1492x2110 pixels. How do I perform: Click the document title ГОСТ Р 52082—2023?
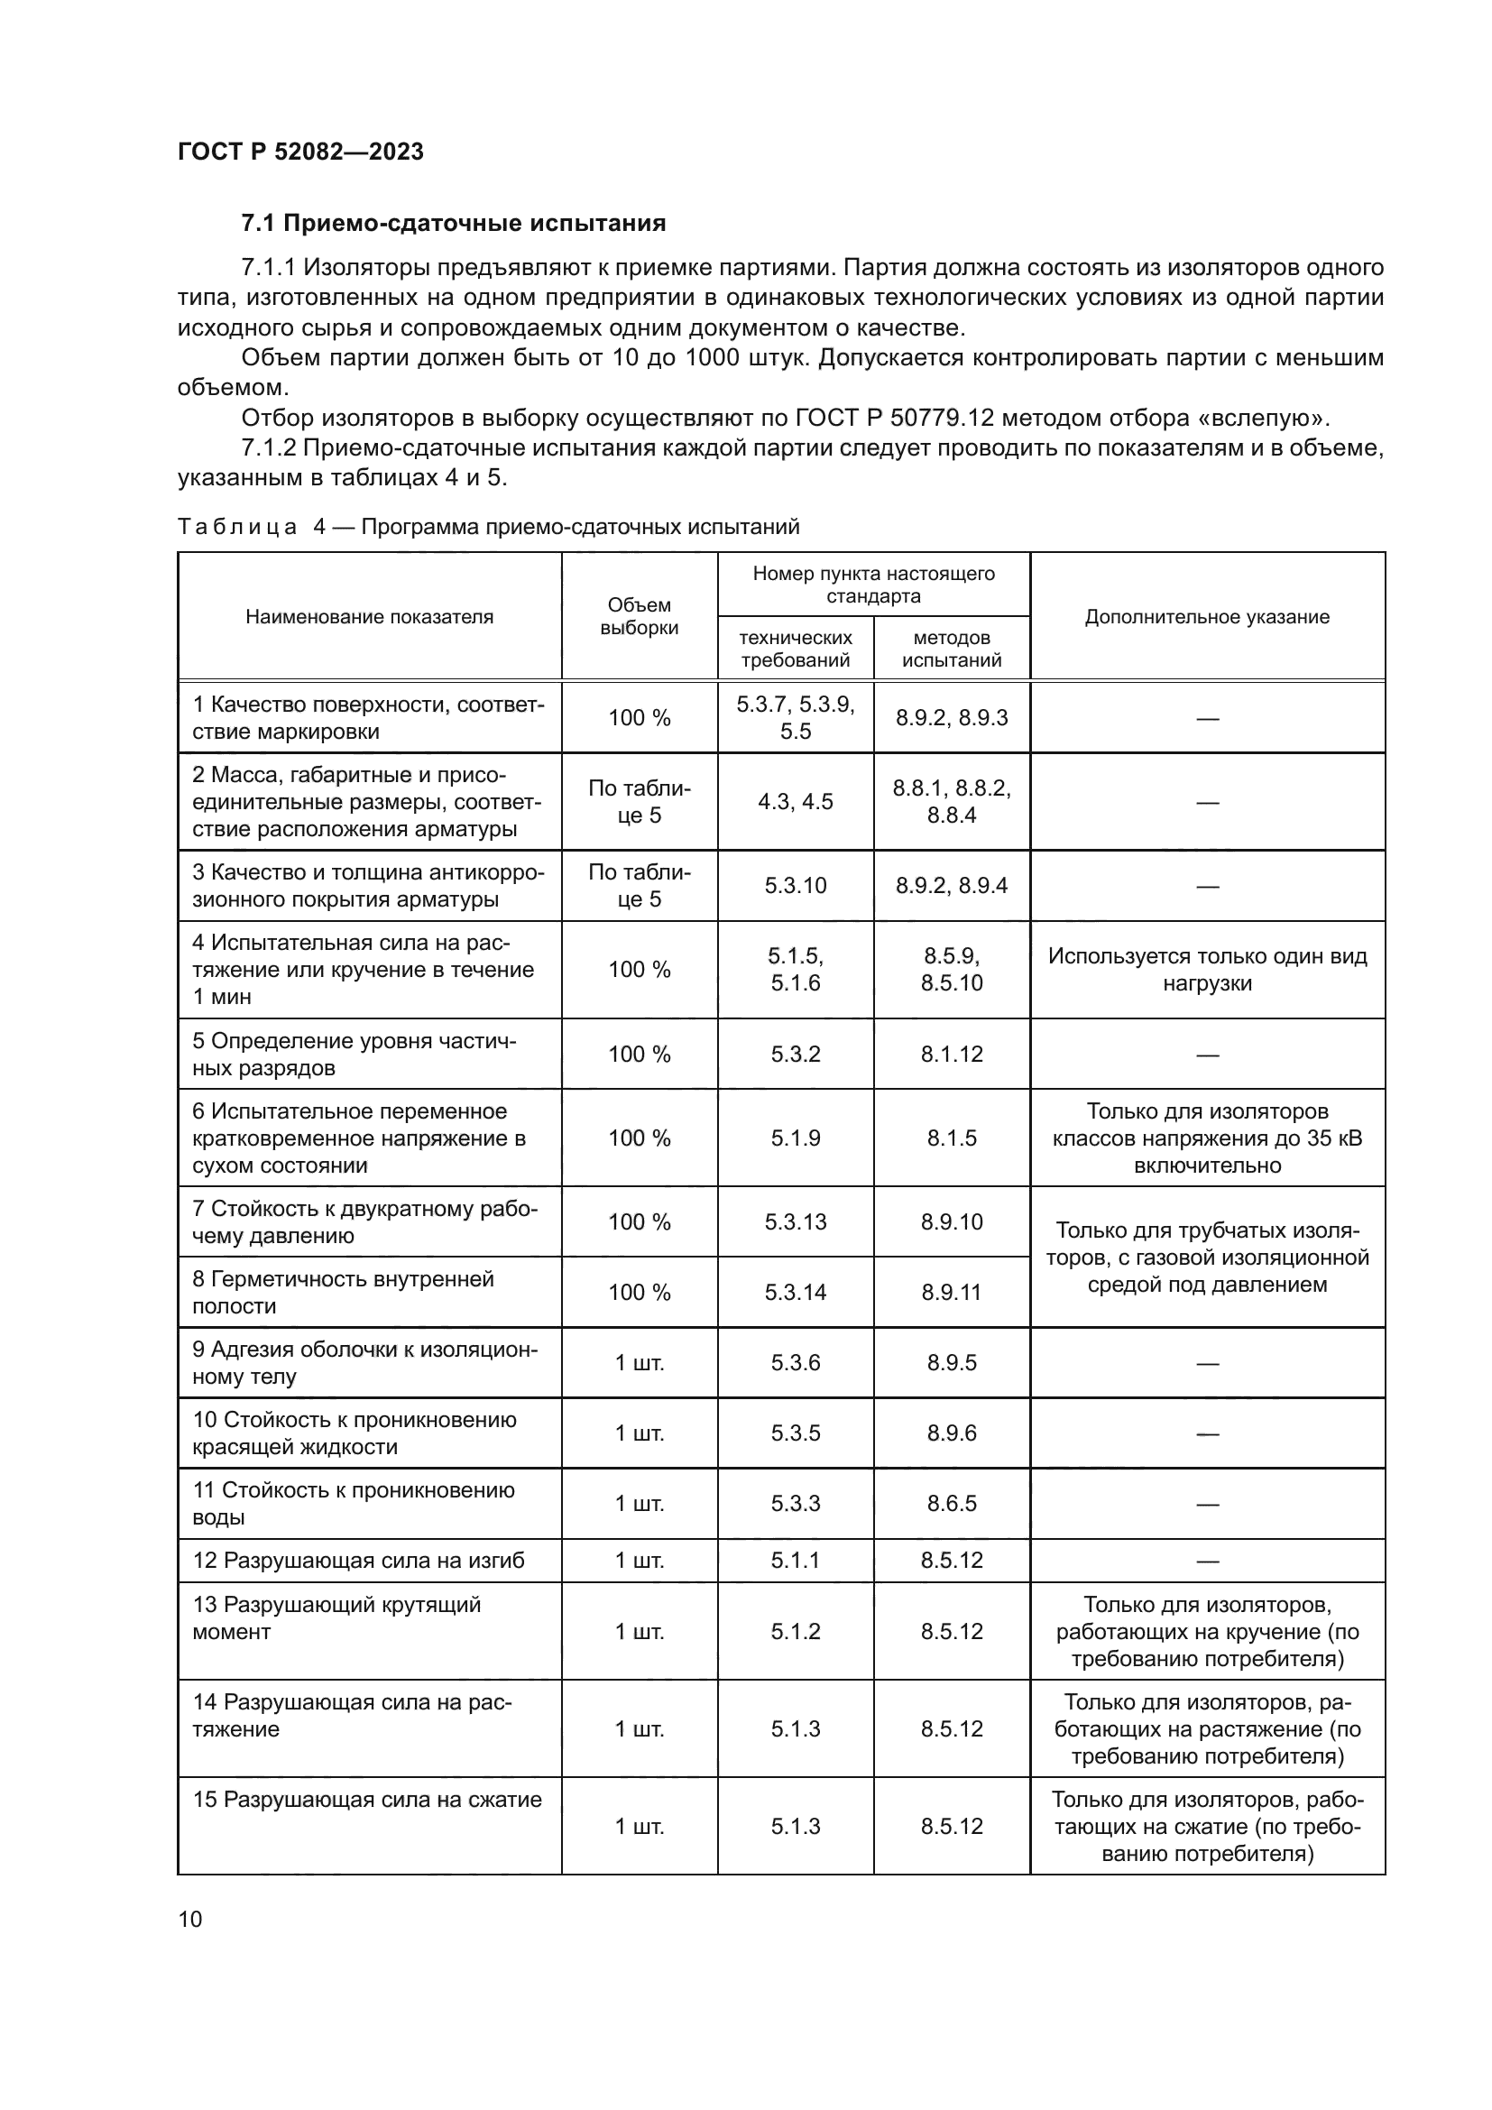pyautogui.click(x=300, y=152)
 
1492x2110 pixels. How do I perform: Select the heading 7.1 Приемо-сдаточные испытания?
pyautogui.click(x=453, y=224)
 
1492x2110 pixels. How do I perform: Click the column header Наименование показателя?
pyautogui.click(x=369, y=617)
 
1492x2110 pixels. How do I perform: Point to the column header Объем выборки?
pyautogui.click(x=640, y=617)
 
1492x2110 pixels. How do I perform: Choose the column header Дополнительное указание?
pyautogui.click(x=1207, y=617)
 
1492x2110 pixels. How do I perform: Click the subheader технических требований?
pyautogui.click(x=796, y=649)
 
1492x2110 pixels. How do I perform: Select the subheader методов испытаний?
pyautogui.click(x=952, y=649)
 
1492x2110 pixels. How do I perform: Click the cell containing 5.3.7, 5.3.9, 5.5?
pyautogui.click(x=796, y=718)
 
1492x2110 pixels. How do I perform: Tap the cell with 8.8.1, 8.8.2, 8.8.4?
pyautogui.click(x=952, y=801)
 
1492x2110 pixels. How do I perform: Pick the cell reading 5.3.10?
pyautogui.click(x=796, y=886)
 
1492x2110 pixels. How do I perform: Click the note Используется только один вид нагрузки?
pyautogui.click(x=1207, y=970)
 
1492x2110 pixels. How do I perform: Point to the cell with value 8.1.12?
pyautogui.click(x=952, y=1054)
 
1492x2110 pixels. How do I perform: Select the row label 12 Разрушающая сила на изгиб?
pyautogui.click(x=358, y=1561)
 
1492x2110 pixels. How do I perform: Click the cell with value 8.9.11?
pyautogui.click(x=952, y=1292)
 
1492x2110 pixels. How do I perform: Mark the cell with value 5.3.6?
pyautogui.click(x=796, y=1362)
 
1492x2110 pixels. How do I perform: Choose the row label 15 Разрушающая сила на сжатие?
pyautogui.click(x=367, y=1800)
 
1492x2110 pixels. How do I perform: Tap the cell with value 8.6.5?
pyautogui.click(x=952, y=1504)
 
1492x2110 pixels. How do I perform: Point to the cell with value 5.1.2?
pyautogui.click(x=796, y=1631)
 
